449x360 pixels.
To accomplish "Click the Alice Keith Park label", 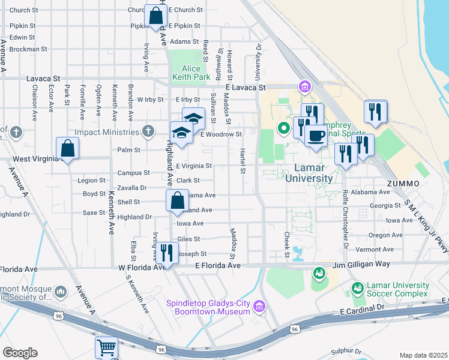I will pos(191,72).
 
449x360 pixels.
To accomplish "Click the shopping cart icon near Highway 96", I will pos(106,347).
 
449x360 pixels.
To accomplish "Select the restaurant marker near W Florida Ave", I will pos(166,251).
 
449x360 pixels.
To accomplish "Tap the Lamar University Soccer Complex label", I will pos(399,291).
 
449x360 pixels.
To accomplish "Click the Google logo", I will pos(20,353).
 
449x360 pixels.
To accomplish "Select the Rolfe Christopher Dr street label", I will pos(345,218).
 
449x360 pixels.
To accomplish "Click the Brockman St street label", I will pos(28,49).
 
